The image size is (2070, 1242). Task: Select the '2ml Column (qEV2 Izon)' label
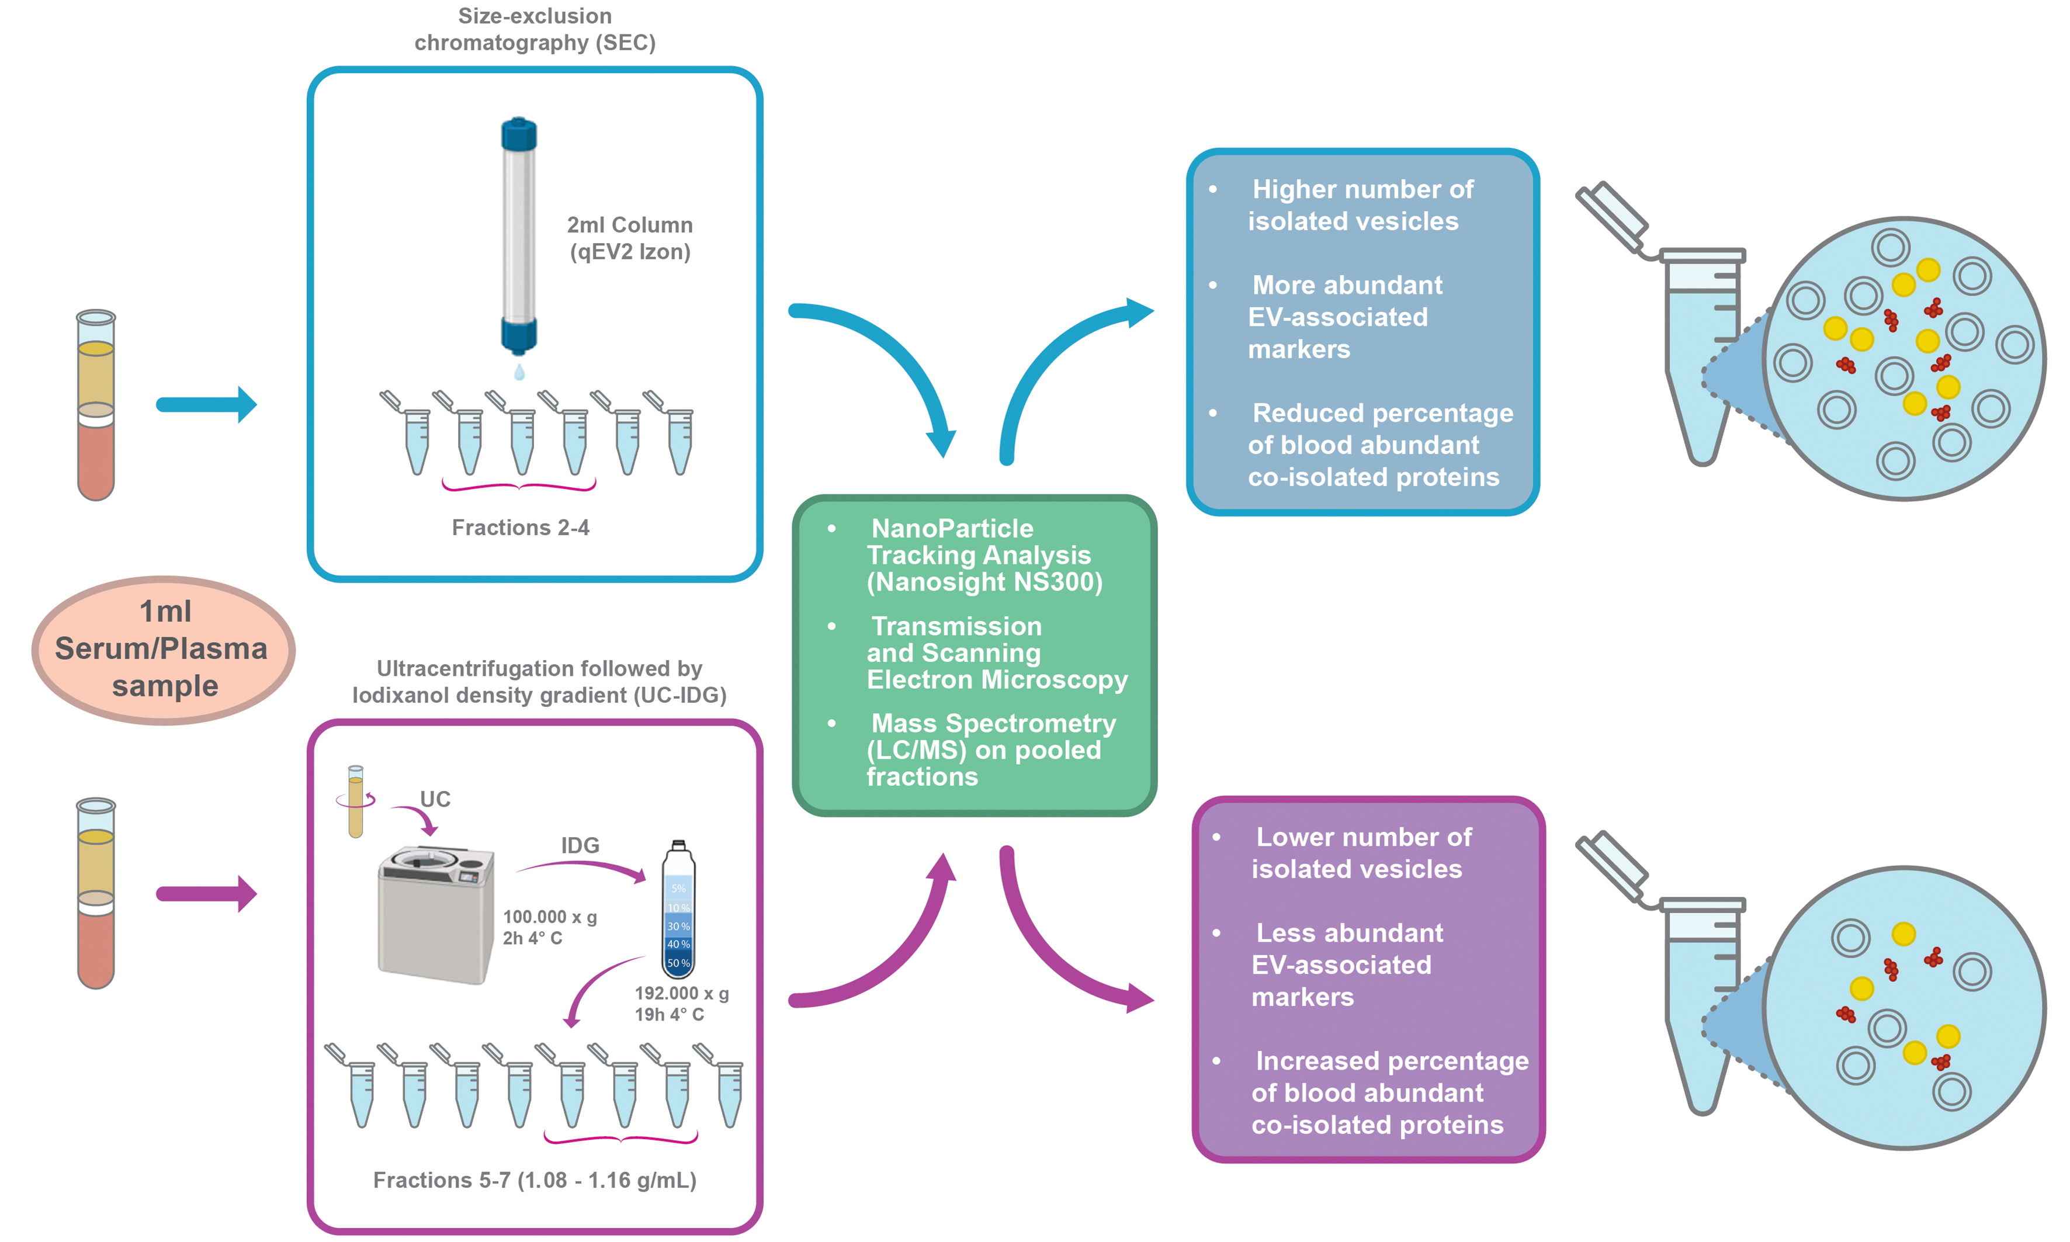(x=629, y=238)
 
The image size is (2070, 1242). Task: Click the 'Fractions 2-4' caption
(x=520, y=528)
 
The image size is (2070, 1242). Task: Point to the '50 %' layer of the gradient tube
(x=678, y=963)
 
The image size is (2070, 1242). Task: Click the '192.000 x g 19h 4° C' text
(x=681, y=1004)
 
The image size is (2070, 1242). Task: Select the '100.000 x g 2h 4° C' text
(x=549, y=927)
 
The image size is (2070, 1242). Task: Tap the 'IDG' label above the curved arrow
(x=580, y=845)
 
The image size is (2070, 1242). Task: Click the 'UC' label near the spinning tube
(x=435, y=799)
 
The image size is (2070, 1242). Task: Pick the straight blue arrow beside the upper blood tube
(x=206, y=405)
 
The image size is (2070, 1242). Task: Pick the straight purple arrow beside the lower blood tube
(x=206, y=894)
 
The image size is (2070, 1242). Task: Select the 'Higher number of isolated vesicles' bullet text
(x=1360, y=205)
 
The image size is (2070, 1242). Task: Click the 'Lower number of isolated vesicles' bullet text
(x=1360, y=853)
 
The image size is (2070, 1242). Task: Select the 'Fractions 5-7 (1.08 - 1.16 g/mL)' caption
(x=534, y=1180)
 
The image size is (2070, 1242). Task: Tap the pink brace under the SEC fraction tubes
(x=519, y=485)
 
